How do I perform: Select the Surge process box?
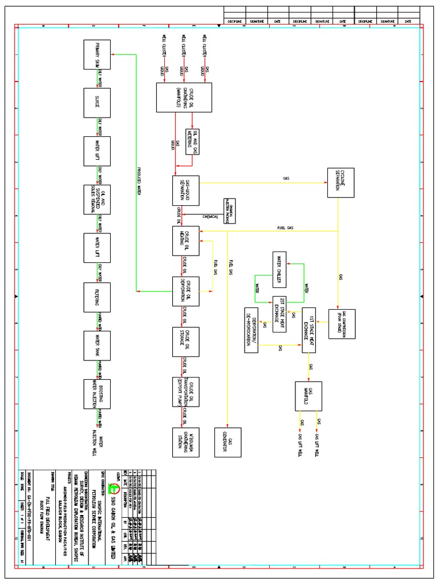coord(97,103)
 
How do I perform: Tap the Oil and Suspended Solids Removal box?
coord(97,200)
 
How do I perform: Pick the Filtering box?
coord(97,297)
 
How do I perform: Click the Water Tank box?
coord(97,346)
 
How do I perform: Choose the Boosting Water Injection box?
coord(97,395)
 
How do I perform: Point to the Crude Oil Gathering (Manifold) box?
coord(184,98)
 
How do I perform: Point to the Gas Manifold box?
coord(309,396)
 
